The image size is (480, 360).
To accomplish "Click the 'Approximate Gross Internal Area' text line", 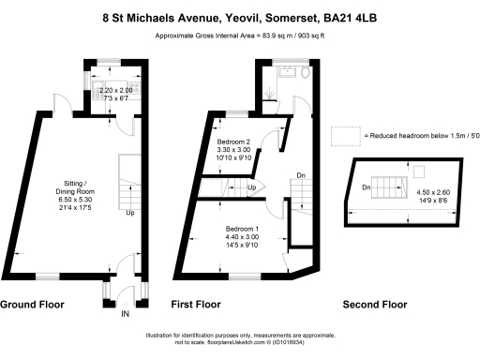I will click(239, 36).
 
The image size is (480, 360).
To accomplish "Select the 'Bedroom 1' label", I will click(241, 229).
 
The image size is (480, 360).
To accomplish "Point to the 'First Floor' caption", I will click(194, 305).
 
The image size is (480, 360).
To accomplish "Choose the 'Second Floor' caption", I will click(374, 305).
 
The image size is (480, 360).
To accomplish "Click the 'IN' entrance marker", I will click(124, 314).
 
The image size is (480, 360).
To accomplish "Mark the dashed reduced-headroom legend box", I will click(345, 137).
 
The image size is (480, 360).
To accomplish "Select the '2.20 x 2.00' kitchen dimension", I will click(117, 91).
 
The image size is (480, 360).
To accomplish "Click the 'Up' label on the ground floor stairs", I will click(129, 213).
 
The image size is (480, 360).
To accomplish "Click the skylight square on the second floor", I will click(418, 171).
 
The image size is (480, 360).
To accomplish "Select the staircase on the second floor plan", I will click(386, 182).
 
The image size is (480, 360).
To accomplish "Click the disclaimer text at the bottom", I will click(239, 339).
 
